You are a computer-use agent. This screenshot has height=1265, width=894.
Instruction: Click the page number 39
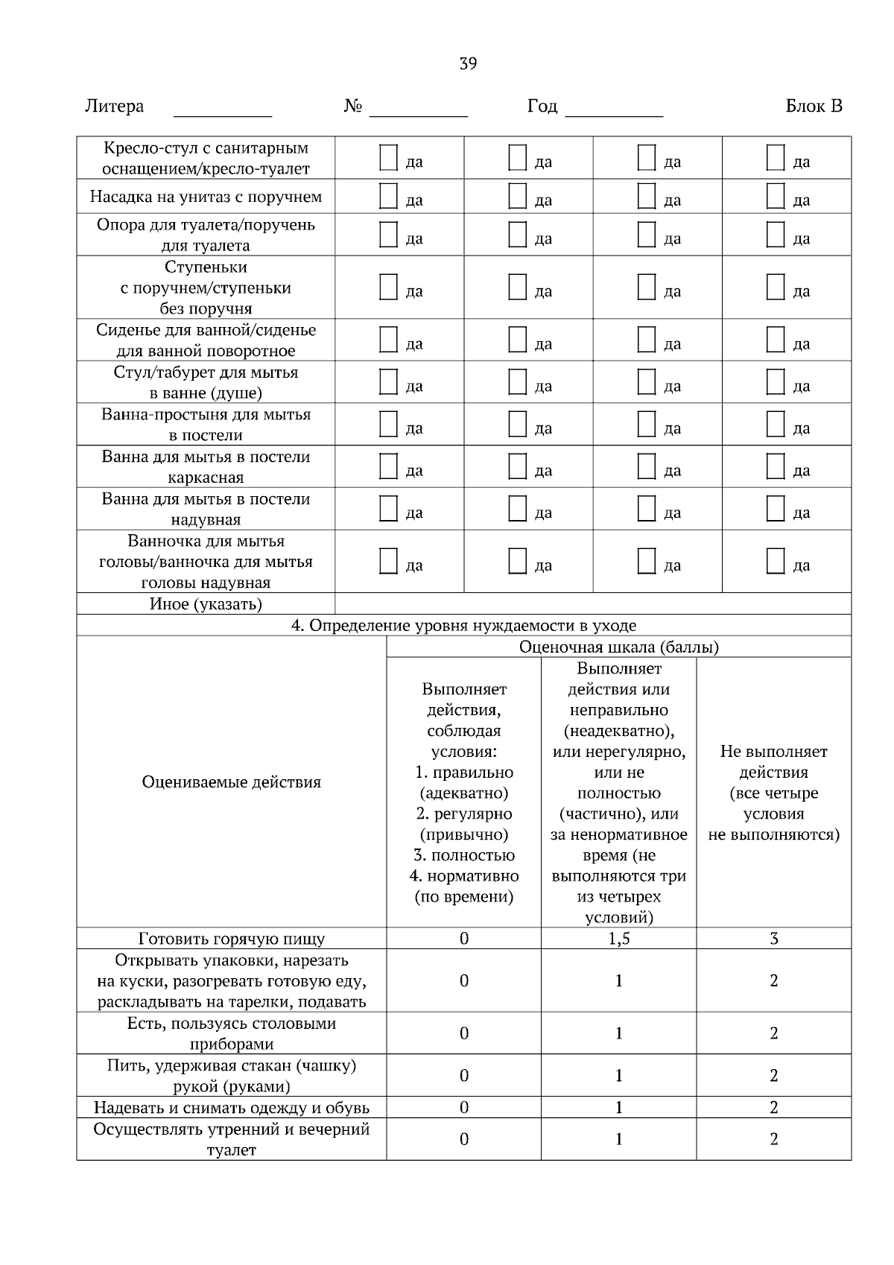click(x=468, y=63)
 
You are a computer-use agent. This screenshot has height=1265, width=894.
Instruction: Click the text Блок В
click(x=814, y=107)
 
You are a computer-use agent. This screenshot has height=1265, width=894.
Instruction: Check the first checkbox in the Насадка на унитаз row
click(x=388, y=196)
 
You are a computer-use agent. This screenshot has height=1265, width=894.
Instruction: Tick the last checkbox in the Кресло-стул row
click(x=776, y=158)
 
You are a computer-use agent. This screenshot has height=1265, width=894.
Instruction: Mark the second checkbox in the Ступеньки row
click(x=517, y=287)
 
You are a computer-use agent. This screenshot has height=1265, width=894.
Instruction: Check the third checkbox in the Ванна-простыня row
click(x=647, y=424)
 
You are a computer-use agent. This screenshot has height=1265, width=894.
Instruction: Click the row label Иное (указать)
click(x=206, y=604)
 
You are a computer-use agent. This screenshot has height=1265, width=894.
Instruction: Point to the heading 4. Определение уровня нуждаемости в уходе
click(x=463, y=626)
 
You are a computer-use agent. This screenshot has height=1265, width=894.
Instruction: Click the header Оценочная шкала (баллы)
click(x=618, y=647)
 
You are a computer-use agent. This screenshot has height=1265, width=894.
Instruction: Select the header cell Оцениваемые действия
click(x=231, y=782)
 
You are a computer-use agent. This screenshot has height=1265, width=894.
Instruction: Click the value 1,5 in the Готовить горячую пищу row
click(x=618, y=939)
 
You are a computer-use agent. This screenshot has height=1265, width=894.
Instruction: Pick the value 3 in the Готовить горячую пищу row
click(x=773, y=939)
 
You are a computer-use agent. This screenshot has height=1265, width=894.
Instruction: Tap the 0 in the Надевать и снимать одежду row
click(x=463, y=1108)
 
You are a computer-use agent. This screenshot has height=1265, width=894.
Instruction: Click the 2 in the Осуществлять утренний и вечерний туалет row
click(x=773, y=1139)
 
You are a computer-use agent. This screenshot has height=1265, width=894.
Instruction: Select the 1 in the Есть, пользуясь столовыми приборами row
click(x=618, y=1033)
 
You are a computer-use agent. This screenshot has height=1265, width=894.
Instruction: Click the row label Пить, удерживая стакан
click(x=231, y=1076)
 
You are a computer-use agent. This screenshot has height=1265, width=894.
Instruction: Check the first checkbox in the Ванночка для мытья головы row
click(x=388, y=561)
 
